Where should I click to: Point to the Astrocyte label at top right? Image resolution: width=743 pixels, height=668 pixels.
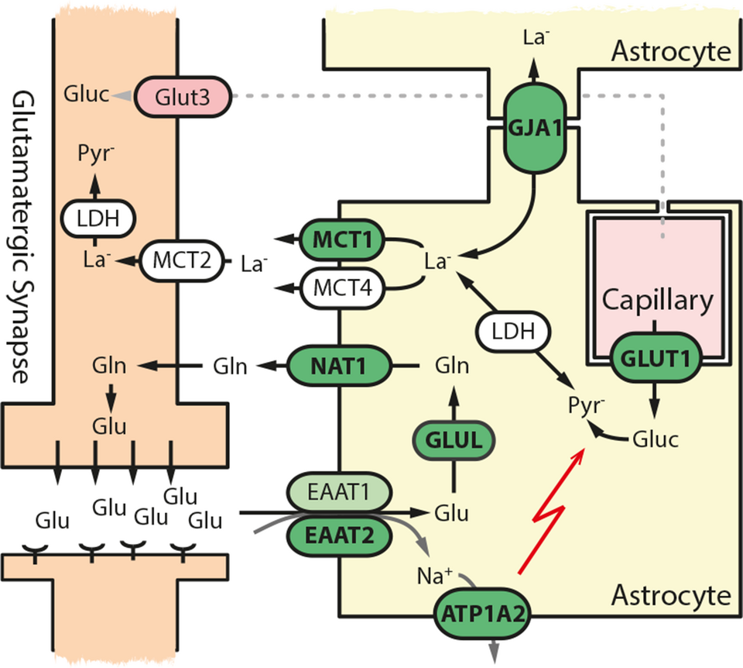(x=671, y=52)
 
